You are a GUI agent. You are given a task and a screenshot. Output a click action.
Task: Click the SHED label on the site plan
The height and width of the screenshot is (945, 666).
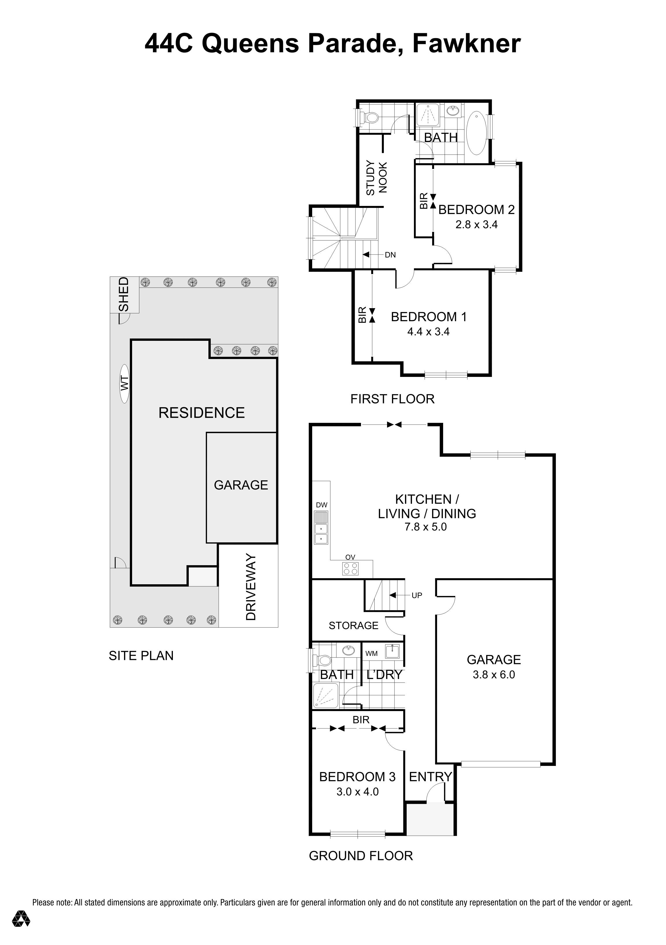(123, 295)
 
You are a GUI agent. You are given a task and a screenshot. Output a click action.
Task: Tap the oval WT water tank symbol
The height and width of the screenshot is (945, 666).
(124, 384)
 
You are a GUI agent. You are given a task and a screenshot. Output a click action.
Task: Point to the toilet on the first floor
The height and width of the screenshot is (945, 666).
(371, 118)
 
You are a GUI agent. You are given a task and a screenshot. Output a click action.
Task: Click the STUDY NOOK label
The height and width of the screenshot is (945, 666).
(376, 178)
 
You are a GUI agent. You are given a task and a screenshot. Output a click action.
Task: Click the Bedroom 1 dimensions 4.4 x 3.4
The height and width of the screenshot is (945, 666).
(428, 332)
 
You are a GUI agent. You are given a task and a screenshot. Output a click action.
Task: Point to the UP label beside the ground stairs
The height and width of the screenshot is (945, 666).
(417, 595)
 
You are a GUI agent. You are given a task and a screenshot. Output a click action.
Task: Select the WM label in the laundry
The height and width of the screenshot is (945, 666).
(371, 653)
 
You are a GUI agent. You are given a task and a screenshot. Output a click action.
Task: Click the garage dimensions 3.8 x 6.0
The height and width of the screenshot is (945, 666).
(493, 675)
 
